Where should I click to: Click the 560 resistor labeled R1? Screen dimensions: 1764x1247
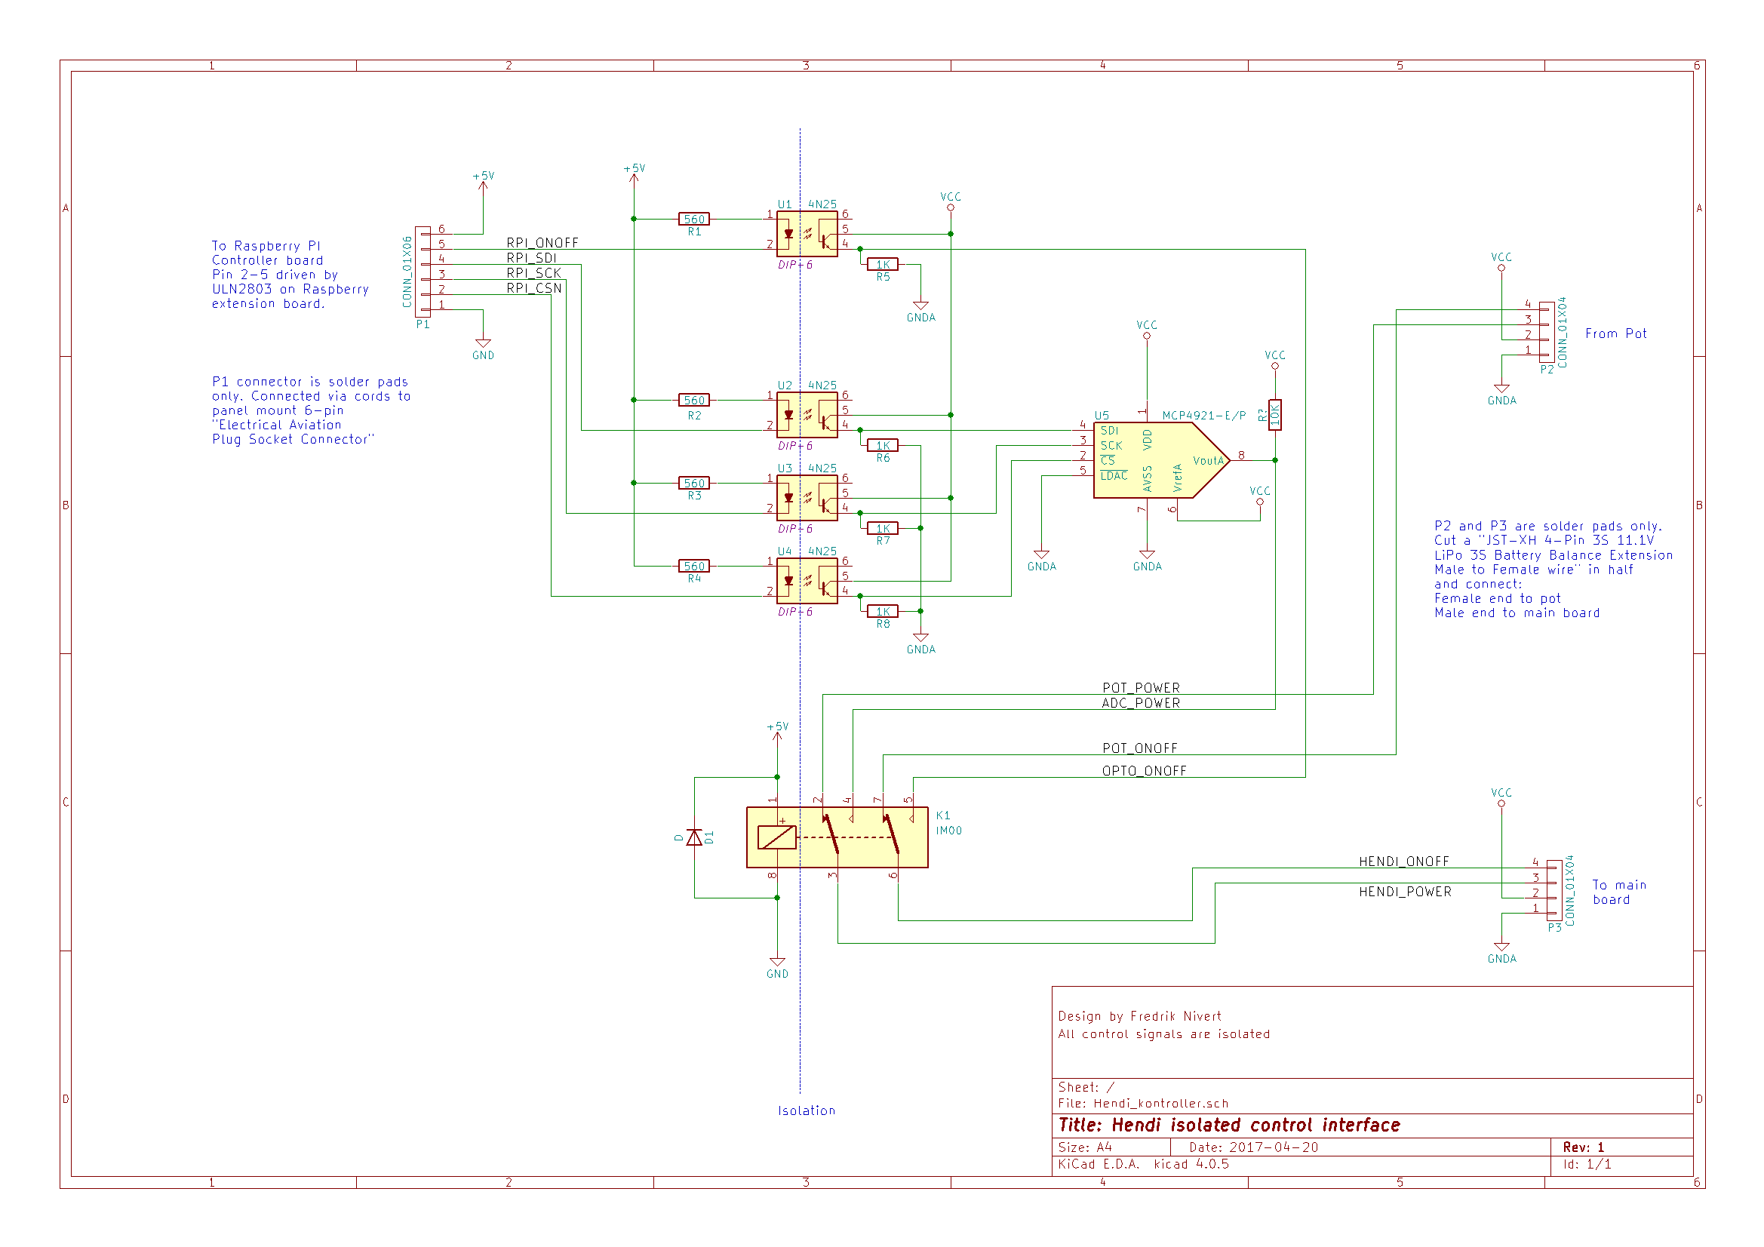(694, 219)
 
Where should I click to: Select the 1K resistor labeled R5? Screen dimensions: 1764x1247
(882, 264)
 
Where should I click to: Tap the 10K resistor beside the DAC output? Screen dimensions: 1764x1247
(1274, 415)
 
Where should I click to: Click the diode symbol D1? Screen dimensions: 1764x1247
(694, 837)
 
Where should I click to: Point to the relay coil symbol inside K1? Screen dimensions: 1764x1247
(776, 837)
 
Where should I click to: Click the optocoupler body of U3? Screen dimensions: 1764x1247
(807, 498)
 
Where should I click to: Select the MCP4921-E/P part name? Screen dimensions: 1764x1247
(1203, 416)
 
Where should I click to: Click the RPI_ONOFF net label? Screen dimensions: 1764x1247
(542, 243)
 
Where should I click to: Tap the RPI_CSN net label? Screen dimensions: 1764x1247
(534, 288)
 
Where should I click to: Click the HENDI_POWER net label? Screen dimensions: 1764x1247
(1405, 891)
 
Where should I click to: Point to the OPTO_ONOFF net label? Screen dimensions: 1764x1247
(1144, 771)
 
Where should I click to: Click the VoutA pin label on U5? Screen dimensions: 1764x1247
(1208, 461)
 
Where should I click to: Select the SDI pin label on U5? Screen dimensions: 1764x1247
(1109, 430)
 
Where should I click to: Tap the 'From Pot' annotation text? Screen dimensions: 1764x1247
(1615, 333)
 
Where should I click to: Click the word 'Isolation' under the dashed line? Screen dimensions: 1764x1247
(806, 1110)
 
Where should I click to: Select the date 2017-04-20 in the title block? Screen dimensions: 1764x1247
(1273, 1147)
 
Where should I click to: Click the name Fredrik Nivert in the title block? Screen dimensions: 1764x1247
(1175, 1015)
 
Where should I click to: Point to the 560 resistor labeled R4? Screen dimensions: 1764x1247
(694, 567)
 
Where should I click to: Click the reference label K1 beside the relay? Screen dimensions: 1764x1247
(942, 815)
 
